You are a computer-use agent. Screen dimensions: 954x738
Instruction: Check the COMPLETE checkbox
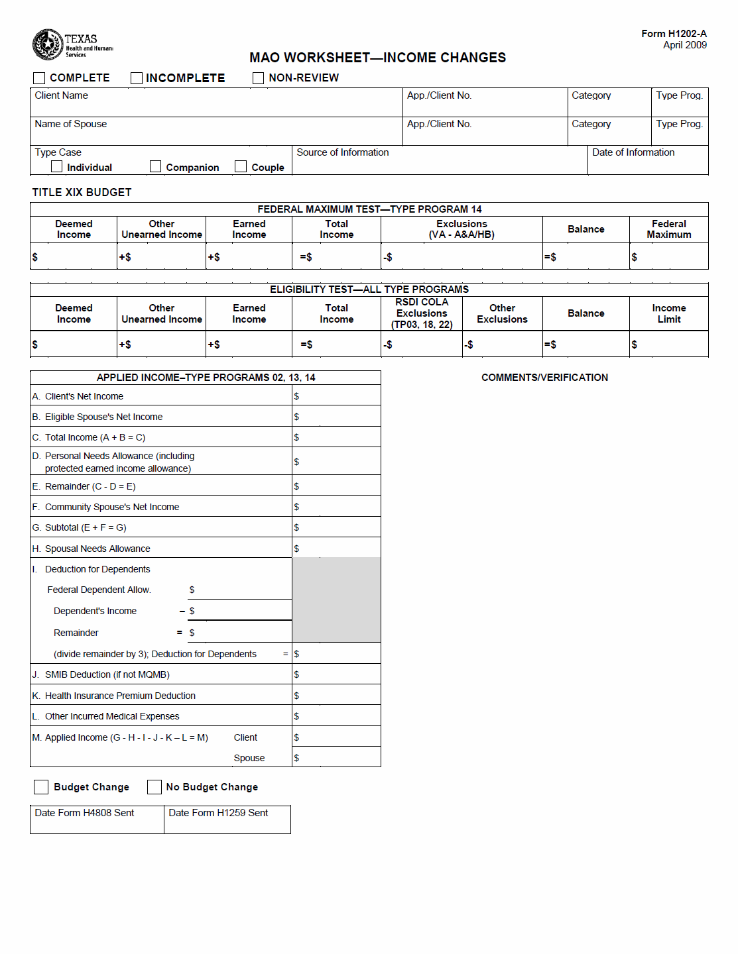point(39,78)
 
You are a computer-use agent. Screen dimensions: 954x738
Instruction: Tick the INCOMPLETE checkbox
point(137,78)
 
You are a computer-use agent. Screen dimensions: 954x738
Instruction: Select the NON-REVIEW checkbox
point(259,78)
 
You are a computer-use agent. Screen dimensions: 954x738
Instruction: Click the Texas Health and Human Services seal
point(48,44)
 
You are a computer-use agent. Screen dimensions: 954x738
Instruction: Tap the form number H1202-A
point(674,34)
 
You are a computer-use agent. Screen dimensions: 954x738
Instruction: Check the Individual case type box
point(57,167)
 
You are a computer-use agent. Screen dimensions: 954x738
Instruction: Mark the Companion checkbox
point(156,167)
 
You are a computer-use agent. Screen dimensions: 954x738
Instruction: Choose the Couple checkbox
point(241,167)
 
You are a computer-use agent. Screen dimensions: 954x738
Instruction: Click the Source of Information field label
point(343,152)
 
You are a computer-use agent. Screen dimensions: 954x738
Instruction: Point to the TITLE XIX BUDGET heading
point(82,192)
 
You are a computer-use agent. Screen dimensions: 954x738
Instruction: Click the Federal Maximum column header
point(668,229)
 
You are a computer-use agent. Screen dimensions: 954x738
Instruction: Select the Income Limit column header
point(668,313)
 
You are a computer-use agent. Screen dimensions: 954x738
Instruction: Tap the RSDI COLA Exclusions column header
point(422,313)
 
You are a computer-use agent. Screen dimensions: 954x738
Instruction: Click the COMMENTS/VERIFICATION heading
point(544,378)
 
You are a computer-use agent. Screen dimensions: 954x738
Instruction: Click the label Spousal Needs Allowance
point(97,549)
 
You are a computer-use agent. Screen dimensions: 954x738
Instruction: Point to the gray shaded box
point(336,600)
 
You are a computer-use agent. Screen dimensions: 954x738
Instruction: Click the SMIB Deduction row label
point(107,674)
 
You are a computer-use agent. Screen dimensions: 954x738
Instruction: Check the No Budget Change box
point(154,787)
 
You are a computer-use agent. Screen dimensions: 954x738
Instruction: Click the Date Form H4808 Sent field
point(97,820)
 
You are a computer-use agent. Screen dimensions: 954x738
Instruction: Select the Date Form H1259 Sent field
point(227,820)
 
